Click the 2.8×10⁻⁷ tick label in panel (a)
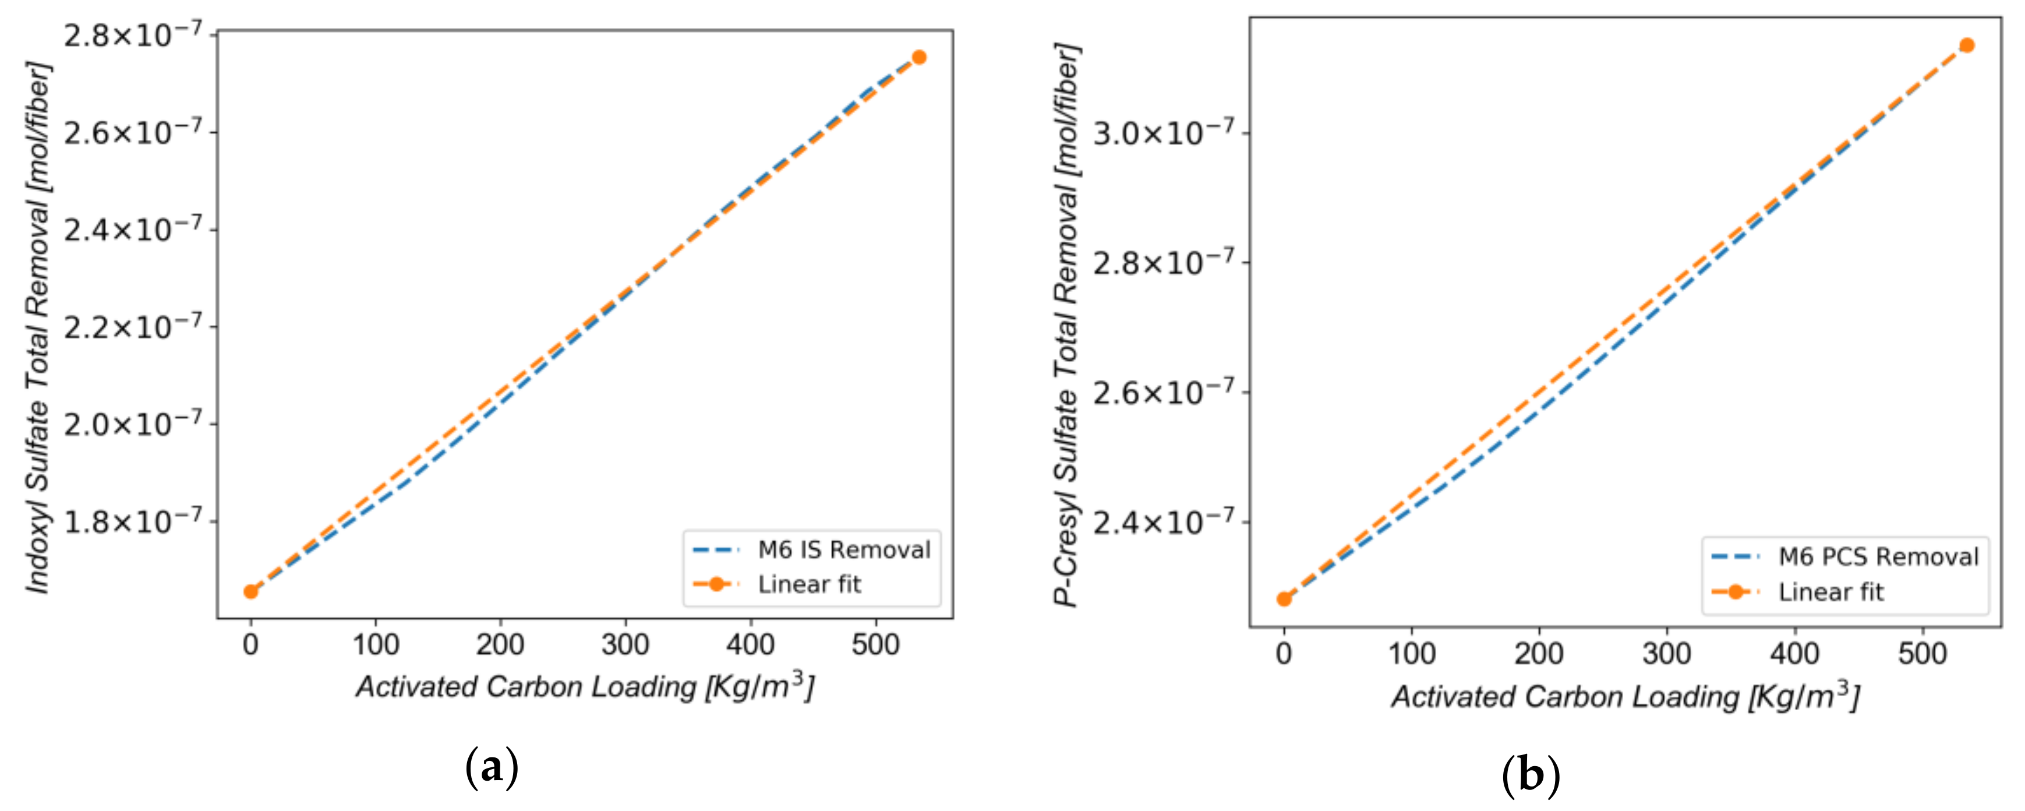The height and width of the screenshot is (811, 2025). click(x=132, y=36)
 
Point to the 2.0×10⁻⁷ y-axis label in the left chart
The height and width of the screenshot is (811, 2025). click(x=132, y=424)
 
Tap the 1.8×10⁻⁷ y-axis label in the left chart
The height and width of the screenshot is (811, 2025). click(x=132, y=521)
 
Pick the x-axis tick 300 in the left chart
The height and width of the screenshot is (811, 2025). click(x=625, y=645)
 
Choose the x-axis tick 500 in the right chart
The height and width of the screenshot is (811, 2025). click(x=1922, y=654)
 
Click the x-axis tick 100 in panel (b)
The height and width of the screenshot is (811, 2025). click(x=1412, y=654)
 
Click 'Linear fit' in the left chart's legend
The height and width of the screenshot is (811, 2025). click(x=809, y=584)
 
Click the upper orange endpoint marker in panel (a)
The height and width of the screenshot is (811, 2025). click(x=919, y=58)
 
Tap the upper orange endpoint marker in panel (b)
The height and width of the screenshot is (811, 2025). click(x=1967, y=45)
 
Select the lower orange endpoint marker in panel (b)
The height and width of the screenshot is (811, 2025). click(x=1284, y=600)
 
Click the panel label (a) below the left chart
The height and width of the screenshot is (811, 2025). click(x=492, y=767)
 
